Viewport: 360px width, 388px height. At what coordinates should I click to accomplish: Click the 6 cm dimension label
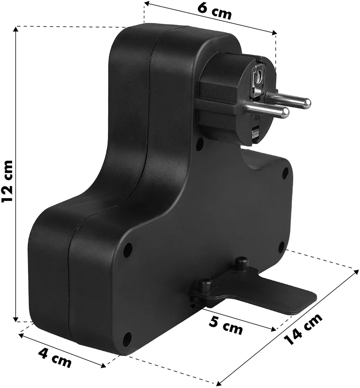pyautogui.click(x=214, y=11)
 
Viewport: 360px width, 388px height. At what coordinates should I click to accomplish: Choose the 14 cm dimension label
pyautogui.click(x=303, y=329)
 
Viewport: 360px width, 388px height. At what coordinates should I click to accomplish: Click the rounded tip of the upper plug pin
pyautogui.click(x=307, y=103)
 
